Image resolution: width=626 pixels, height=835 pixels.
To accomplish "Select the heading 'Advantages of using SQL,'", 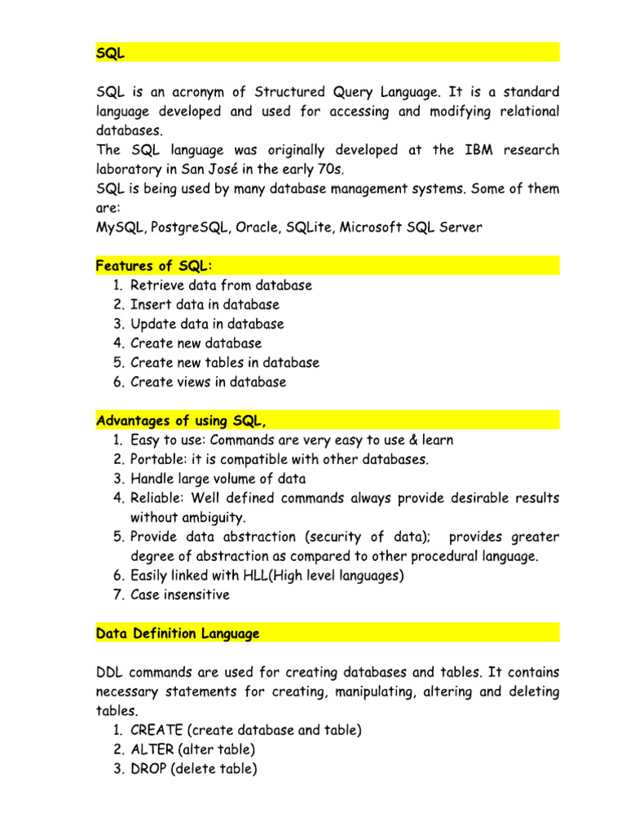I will coord(181,421).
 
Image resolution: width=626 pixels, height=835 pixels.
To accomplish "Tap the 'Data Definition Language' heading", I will coord(178,633).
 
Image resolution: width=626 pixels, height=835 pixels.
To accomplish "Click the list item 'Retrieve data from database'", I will coord(221,285).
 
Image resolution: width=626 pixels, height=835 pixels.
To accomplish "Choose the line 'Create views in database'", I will coord(208,382).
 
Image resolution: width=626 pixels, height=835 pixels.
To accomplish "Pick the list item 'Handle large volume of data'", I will coord(218,479).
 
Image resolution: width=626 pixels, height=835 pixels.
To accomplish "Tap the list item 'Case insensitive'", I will coord(179,594).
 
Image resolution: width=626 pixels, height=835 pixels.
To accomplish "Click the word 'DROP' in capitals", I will coord(148,768).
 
